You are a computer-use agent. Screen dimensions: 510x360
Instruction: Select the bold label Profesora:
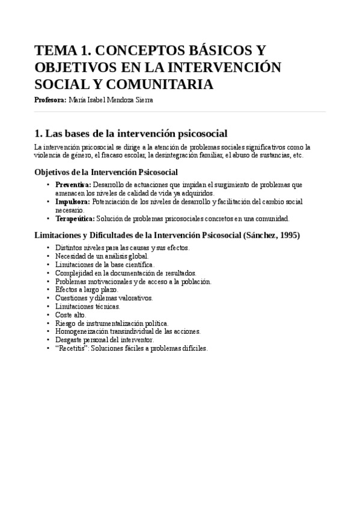click(x=50, y=100)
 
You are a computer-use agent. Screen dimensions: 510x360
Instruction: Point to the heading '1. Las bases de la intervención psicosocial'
click(x=130, y=133)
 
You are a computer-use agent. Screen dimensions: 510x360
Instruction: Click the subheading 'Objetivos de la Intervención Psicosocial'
click(x=106, y=172)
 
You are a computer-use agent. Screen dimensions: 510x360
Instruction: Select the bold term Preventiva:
click(x=73, y=185)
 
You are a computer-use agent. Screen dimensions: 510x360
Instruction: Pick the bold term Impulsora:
click(x=73, y=201)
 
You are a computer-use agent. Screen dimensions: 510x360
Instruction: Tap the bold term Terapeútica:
click(x=75, y=218)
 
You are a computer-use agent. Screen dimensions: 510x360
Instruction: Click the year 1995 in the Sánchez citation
click(x=288, y=235)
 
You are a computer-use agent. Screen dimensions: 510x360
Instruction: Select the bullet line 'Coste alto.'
click(x=71, y=315)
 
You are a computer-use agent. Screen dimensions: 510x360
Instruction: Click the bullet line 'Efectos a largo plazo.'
click(x=87, y=289)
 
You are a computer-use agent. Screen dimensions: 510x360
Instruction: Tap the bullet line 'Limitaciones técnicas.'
click(x=88, y=306)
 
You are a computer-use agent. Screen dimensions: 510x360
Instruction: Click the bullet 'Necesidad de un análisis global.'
click(x=102, y=256)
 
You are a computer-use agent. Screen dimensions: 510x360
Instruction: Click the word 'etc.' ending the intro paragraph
click(x=297, y=155)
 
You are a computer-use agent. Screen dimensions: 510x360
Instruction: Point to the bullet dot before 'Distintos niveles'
click(x=48, y=247)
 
